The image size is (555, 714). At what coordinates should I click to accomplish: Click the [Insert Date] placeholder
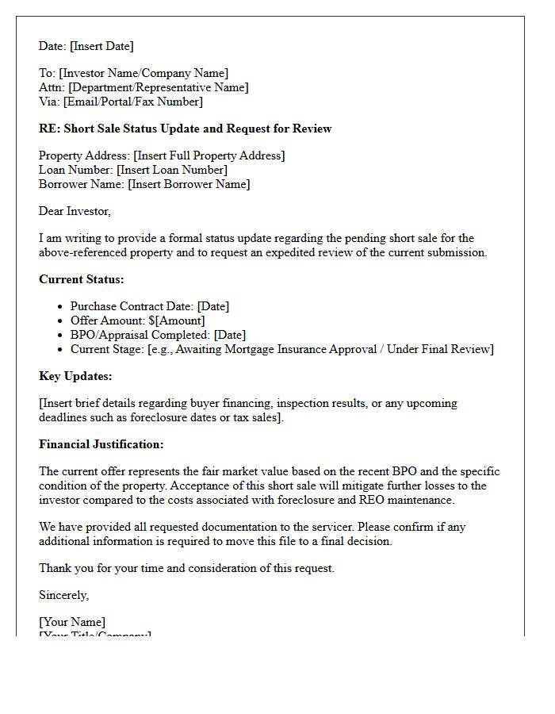tap(101, 46)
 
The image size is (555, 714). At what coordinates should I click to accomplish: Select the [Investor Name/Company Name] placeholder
tap(144, 74)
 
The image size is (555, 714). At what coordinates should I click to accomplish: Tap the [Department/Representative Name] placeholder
tap(158, 87)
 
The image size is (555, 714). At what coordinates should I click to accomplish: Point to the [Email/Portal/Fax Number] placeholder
tap(132, 102)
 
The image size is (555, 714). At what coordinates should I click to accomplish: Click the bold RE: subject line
tap(185, 129)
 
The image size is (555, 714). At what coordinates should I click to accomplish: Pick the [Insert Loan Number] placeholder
tap(171, 170)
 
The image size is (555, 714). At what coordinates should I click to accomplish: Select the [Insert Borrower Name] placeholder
tap(189, 184)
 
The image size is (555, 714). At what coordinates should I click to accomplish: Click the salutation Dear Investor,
tap(75, 211)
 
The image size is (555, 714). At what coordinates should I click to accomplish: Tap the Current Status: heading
tap(82, 279)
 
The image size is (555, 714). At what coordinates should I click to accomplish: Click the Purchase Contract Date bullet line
tap(150, 306)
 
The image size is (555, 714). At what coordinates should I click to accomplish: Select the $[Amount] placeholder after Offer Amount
tap(178, 321)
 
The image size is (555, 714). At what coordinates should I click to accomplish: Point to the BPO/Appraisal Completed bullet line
tap(158, 335)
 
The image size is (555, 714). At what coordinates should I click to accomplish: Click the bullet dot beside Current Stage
tap(60, 349)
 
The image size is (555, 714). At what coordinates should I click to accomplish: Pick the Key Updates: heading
tap(75, 376)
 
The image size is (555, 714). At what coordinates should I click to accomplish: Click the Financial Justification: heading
tap(101, 444)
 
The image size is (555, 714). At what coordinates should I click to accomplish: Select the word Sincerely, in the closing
tap(64, 595)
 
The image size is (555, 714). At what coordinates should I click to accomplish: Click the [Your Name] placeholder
tap(72, 622)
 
